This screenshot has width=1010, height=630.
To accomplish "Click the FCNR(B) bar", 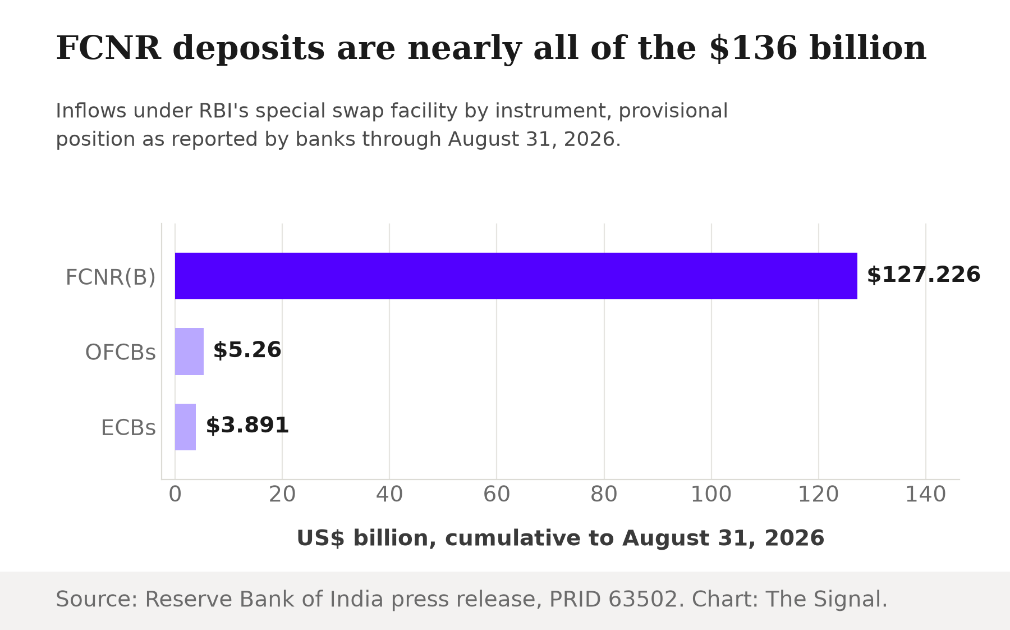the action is tap(516, 276).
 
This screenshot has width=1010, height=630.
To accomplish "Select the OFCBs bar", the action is tap(189, 351).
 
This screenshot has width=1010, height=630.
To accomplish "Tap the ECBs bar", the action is tap(185, 427).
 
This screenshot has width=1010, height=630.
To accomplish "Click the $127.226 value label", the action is tap(924, 275).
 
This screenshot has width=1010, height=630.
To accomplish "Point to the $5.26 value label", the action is tap(247, 350).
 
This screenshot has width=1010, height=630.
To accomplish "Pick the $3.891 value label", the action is tap(247, 426).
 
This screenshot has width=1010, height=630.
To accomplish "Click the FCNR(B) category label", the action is tap(111, 277).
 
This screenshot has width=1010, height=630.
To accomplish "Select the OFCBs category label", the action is tap(121, 353).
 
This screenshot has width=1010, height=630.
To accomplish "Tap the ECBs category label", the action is tap(128, 428).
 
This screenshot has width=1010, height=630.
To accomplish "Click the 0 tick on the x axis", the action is tap(175, 495).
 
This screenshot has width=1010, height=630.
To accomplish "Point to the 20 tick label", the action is tap(282, 495).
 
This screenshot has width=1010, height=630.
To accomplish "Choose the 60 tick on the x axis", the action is tap(497, 495).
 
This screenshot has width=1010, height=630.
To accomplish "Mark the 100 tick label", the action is tap(711, 495).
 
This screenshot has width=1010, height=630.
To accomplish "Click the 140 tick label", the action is tap(926, 495).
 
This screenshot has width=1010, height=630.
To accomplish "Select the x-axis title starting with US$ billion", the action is tap(561, 538).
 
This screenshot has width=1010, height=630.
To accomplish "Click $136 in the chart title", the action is tap(753, 48).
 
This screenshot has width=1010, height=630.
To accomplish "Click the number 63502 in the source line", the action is tap(643, 599).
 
